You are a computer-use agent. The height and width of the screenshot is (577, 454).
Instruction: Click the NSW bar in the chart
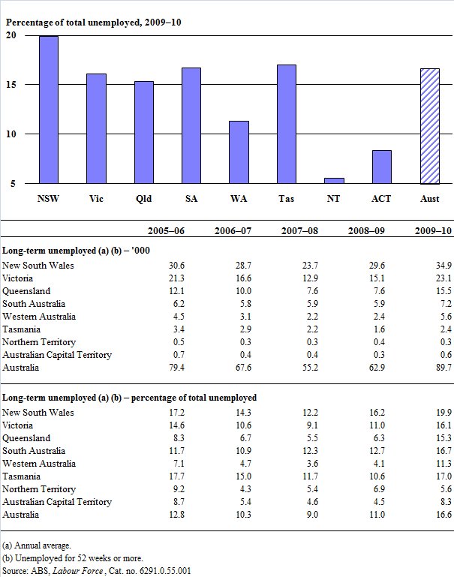pyautogui.click(x=49, y=110)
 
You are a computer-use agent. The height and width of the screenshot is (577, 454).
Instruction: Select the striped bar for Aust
pyautogui.click(x=429, y=126)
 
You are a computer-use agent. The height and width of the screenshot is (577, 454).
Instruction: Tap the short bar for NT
pyautogui.click(x=334, y=180)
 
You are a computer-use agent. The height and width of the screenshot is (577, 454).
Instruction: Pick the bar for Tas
pyautogui.click(x=286, y=124)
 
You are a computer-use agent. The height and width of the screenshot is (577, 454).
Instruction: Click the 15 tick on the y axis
pyautogui.click(x=11, y=85)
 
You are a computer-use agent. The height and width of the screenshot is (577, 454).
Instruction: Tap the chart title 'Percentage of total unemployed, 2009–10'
pyautogui.click(x=93, y=22)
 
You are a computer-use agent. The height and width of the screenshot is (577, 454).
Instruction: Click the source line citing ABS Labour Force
pyautogui.click(x=96, y=571)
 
